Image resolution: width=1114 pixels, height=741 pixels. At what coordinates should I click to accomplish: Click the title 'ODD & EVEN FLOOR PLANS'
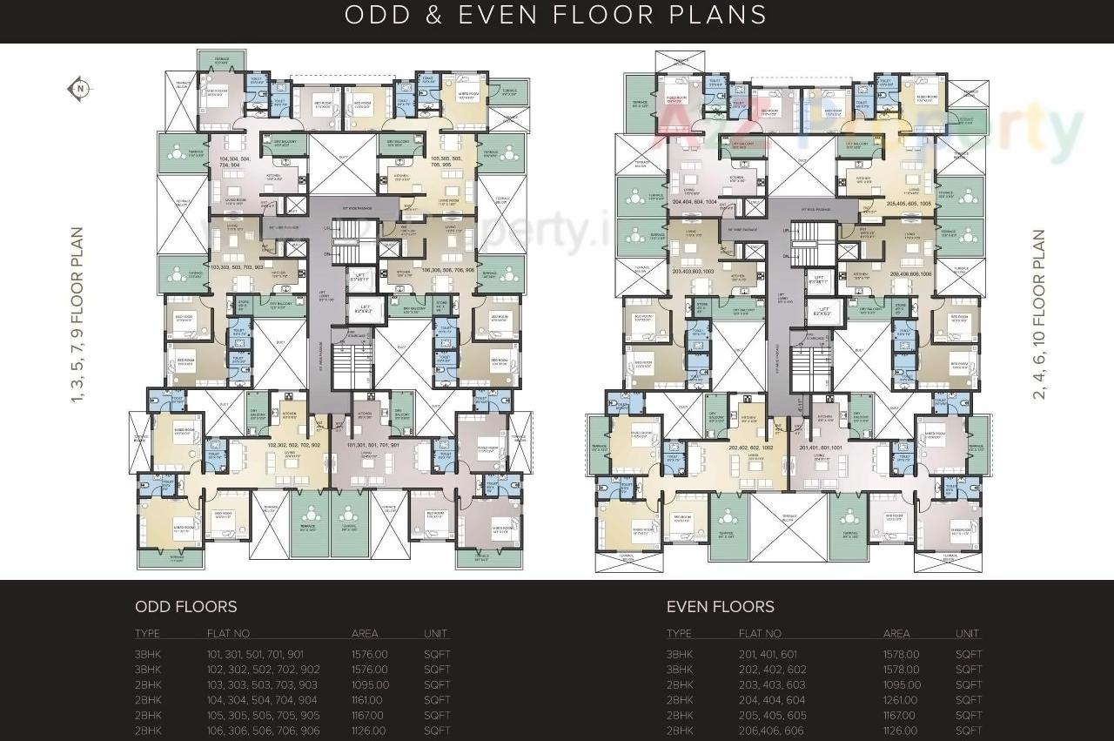556,16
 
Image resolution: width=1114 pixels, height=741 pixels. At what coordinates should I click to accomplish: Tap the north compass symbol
79,88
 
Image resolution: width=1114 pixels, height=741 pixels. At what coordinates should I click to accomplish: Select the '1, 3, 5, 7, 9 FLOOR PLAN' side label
77,314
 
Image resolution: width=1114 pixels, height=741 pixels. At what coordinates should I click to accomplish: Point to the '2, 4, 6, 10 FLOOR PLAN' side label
1038,314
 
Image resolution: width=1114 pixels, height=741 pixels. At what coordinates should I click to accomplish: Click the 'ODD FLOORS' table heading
185,607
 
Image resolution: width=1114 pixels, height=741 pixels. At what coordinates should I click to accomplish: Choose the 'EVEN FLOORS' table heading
720,607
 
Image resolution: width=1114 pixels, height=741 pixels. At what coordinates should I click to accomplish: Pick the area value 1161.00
366,700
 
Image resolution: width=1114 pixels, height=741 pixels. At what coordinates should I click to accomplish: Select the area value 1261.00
901,700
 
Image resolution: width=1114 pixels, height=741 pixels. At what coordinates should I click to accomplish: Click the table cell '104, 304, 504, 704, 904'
262,700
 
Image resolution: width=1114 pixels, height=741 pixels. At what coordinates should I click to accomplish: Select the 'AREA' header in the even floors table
896,634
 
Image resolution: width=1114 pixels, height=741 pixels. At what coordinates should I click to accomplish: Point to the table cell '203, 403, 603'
772,685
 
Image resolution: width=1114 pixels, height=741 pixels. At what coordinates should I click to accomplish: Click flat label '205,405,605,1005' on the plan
909,203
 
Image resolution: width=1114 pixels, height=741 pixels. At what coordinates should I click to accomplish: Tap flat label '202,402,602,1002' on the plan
750,448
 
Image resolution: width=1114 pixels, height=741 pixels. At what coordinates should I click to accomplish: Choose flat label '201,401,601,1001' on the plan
820,448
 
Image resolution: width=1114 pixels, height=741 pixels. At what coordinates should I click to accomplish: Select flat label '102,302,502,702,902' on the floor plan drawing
293,445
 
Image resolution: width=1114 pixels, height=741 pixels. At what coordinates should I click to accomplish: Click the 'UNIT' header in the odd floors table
436,634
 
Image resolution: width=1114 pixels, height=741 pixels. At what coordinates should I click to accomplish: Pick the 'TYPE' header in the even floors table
679,634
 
